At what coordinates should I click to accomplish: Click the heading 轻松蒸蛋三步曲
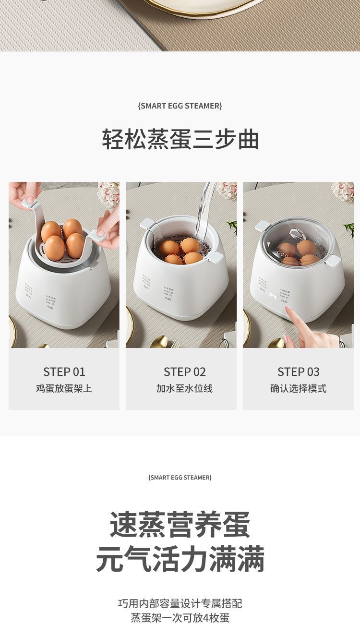[180, 139]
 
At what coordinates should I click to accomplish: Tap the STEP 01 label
[64, 372]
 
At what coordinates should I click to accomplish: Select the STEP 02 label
[184, 372]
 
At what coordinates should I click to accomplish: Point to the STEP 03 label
[298, 372]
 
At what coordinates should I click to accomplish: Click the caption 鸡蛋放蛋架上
[64, 388]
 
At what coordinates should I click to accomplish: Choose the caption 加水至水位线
[184, 388]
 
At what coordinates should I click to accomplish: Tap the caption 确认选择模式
[298, 388]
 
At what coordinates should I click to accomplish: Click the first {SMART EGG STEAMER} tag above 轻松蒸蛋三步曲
[180, 106]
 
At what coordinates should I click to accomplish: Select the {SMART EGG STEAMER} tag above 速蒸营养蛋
[180, 477]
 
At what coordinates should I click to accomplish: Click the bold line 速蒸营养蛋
[180, 525]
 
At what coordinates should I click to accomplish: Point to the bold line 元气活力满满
[180, 559]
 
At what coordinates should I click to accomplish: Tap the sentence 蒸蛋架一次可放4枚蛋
[180, 618]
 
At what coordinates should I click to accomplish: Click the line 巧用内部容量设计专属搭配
[180, 603]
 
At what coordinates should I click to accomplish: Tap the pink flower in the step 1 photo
[108, 193]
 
